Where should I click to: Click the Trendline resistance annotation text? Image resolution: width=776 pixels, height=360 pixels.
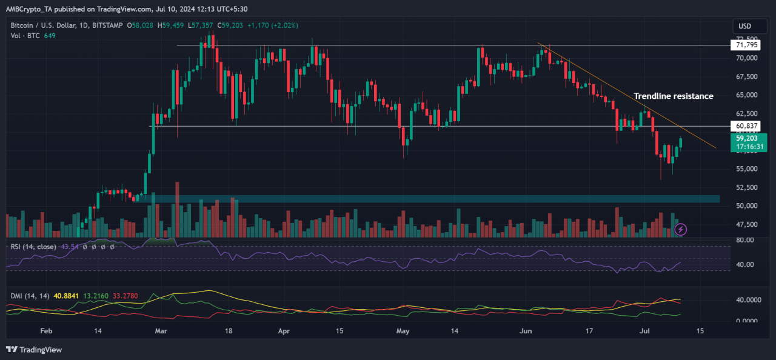[673, 96]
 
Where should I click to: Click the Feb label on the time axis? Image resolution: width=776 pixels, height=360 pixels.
[46, 332]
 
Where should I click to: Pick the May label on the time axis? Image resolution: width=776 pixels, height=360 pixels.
[403, 332]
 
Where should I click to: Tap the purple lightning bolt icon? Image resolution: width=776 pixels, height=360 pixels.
[680, 229]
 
